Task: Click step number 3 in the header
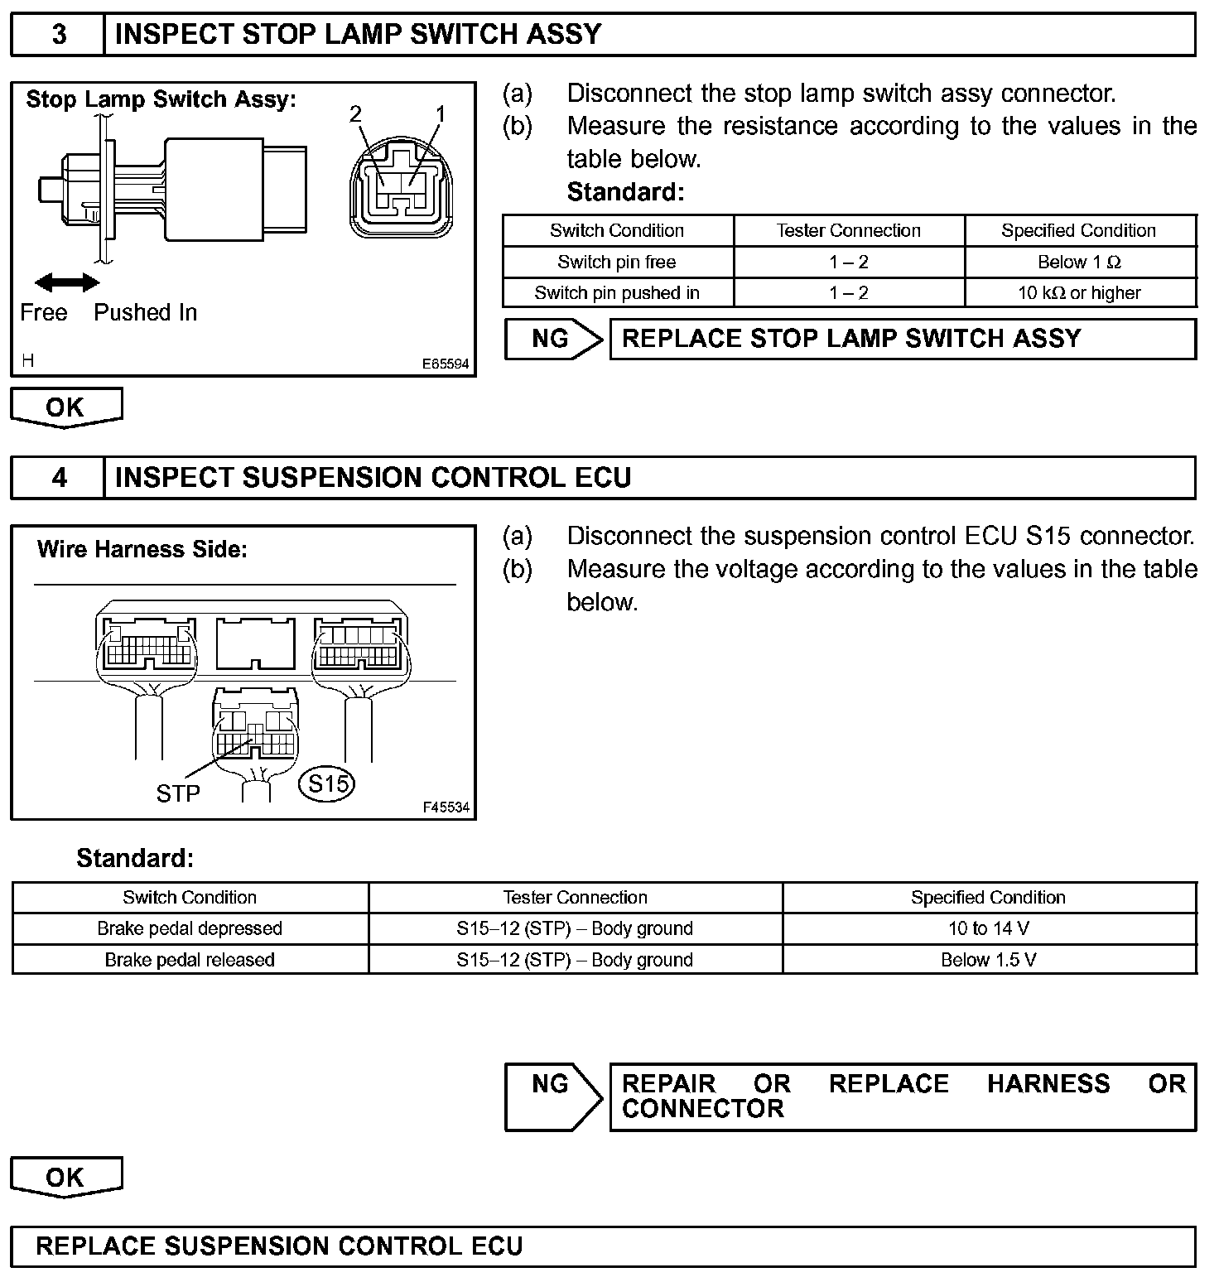59,35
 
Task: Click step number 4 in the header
59,478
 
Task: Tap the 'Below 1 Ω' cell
1079,263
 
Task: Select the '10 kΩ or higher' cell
1079,293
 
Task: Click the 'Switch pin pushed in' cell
617,293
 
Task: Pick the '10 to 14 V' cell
989,928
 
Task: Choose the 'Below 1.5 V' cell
989,960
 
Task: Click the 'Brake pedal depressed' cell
190,928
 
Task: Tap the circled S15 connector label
327,783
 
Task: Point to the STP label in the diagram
178,793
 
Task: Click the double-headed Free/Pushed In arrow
66,283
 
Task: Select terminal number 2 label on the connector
356,114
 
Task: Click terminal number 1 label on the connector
440,114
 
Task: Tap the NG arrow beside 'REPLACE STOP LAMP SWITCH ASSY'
553,339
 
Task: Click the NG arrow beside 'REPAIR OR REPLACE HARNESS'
553,1096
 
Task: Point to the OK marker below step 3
65,407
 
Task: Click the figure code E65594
445,364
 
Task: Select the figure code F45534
446,807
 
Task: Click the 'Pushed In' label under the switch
146,312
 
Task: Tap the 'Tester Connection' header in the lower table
575,898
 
